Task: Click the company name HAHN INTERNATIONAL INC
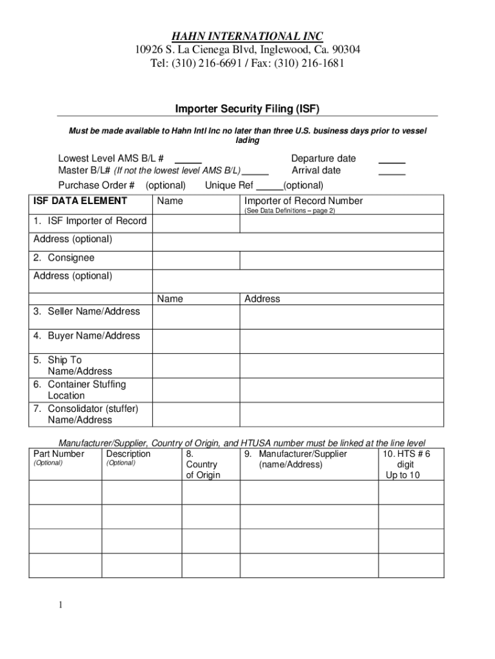pos(247,35)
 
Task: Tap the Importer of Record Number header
pos(303,201)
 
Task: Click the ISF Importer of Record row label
pos(90,221)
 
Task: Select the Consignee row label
pos(64,257)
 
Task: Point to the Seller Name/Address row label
pos(87,311)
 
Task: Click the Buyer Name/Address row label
pos(87,336)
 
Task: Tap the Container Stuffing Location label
pos(86,390)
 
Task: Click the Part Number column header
pos(59,454)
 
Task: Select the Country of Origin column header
pos(203,465)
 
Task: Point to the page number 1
pos(59,605)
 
